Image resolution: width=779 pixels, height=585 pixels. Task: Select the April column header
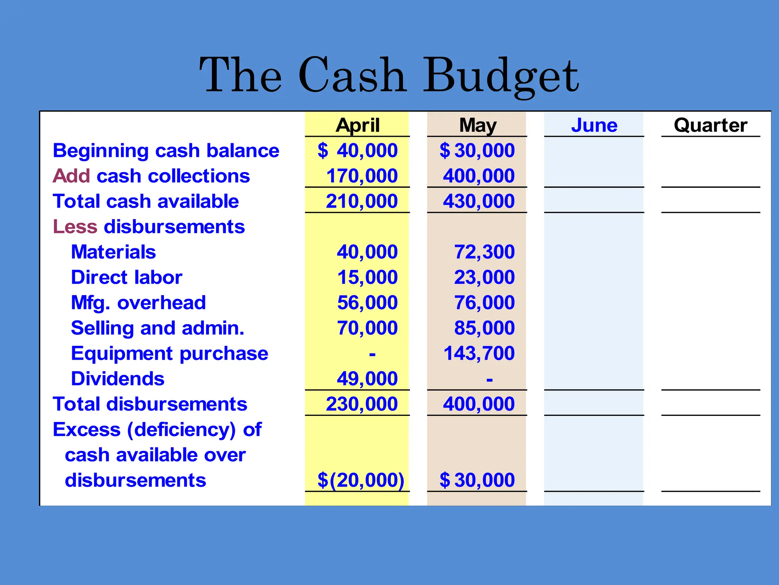[x=358, y=125]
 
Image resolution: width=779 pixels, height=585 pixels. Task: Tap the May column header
[x=478, y=125]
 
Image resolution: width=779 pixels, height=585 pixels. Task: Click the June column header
[x=594, y=125]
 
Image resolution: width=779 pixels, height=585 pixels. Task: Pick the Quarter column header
[x=711, y=125]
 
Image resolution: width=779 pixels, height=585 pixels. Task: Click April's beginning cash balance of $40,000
[x=358, y=150]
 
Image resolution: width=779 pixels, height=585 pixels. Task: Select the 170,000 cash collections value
[x=362, y=176]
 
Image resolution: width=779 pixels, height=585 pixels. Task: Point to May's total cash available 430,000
[x=479, y=201]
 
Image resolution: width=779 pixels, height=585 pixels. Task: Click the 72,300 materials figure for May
[x=484, y=252]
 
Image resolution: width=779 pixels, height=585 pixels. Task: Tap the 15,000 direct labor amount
[x=367, y=277]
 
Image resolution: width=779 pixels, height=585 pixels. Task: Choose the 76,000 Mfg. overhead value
[x=484, y=303]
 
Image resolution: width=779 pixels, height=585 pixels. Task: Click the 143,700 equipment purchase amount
[x=479, y=353]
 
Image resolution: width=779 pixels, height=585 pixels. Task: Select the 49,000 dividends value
[x=367, y=379]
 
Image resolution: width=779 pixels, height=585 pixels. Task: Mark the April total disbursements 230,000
[x=362, y=404]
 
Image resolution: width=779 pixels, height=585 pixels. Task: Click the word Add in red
[x=71, y=176]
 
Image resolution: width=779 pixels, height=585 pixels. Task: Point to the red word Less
[x=75, y=227]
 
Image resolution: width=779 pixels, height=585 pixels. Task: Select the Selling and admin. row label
[x=157, y=328]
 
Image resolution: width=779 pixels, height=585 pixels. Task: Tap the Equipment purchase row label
[x=170, y=353]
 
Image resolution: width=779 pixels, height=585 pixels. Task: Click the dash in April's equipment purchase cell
[x=372, y=354]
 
